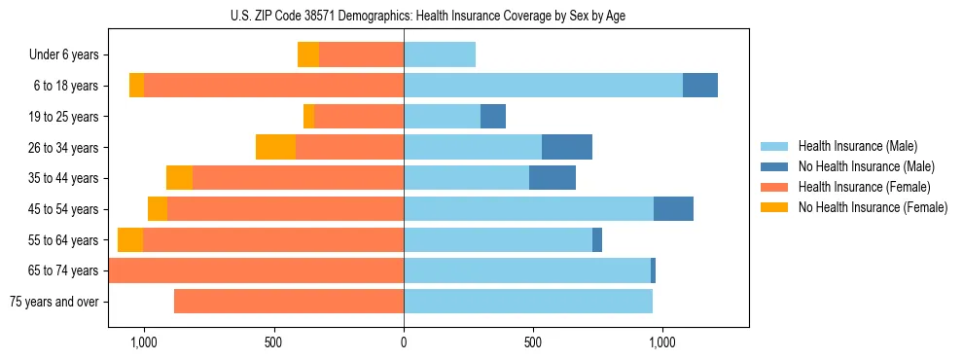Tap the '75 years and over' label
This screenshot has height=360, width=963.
[x=54, y=302]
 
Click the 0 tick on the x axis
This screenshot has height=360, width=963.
[x=404, y=342]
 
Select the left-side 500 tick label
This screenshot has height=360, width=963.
[x=273, y=342]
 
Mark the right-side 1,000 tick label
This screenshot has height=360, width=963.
[x=662, y=342]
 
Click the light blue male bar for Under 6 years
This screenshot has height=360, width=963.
[x=440, y=54]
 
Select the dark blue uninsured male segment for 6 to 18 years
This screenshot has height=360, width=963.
[x=700, y=86]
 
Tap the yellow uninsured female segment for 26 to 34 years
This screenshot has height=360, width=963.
[x=275, y=147]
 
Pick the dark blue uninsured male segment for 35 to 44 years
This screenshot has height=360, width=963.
[x=553, y=178]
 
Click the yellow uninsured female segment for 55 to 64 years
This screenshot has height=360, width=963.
[x=130, y=239]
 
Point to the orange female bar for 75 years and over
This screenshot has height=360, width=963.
[x=289, y=302]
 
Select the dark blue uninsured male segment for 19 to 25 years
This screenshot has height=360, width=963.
[x=493, y=117]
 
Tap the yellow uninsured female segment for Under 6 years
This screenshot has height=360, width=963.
[x=308, y=54]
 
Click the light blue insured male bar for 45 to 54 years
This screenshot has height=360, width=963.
[x=528, y=209]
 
